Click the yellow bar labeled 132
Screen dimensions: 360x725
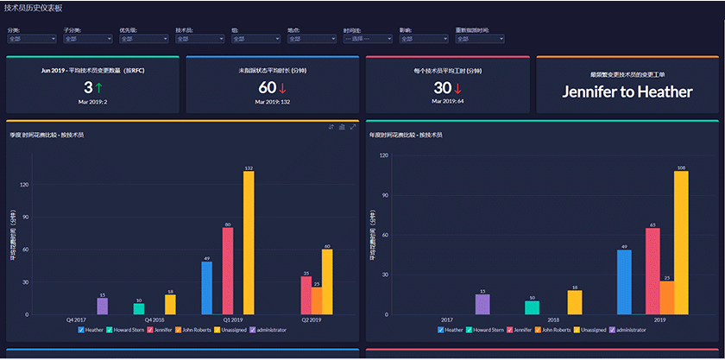point(249,243)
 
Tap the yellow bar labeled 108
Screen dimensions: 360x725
point(681,243)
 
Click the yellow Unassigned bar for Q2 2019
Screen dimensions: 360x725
point(327,282)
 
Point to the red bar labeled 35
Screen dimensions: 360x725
point(306,295)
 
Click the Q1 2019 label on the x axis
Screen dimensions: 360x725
point(227,319)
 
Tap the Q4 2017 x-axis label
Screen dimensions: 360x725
point(75,319)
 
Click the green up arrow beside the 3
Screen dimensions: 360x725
point(100,87)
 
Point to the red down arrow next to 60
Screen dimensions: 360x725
point(283,87)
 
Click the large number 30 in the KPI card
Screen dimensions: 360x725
point(443,87)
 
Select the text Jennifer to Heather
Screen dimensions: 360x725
point(627,92)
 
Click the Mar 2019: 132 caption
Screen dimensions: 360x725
point(273,102)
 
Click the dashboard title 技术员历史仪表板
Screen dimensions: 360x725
point(33,7)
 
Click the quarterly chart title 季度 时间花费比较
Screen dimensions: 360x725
point(47,136)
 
